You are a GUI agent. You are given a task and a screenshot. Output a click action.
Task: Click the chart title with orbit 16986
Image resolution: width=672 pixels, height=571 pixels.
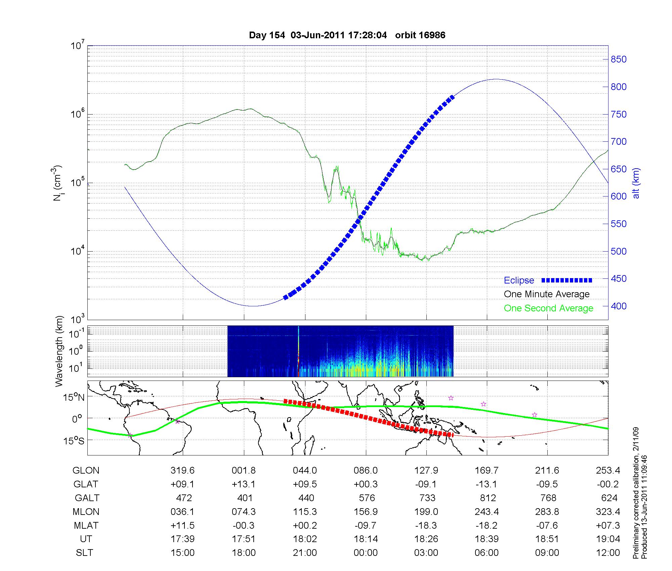(347, 35)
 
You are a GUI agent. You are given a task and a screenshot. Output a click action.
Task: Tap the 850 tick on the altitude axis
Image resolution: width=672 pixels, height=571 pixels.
(618, 59)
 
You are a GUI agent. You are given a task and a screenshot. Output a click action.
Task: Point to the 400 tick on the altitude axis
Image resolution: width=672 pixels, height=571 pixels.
(618, 306)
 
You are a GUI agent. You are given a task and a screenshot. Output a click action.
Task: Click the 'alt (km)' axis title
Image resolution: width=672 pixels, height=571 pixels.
(636, 183)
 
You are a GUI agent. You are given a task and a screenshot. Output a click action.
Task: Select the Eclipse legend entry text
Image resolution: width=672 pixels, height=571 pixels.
(519, 280)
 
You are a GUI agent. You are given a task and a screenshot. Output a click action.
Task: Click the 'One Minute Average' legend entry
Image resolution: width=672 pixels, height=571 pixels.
(547, 294)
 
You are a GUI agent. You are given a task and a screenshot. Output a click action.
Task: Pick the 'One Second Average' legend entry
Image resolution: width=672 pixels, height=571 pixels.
(548, 308)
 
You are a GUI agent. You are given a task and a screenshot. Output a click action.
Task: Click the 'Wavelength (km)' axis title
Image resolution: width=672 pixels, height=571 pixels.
(59, 351)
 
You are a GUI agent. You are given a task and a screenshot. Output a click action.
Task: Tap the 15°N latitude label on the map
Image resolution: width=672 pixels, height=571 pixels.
(74, 398)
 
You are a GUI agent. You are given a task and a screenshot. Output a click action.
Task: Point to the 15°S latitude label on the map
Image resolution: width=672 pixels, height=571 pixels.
(74, 440)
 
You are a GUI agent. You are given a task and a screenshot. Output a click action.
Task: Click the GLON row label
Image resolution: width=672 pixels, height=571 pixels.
(86, 471)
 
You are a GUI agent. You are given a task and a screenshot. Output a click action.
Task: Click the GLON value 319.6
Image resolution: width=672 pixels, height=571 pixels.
(182, 471)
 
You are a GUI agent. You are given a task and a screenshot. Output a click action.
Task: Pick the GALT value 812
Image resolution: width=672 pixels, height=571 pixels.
(488, 498)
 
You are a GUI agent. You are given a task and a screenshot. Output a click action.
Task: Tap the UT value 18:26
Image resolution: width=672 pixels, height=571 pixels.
(426, 539)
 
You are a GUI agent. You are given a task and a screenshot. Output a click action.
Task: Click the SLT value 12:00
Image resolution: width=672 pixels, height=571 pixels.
(608, 553)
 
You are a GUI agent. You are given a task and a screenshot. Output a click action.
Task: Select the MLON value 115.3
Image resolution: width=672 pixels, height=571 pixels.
(305, 512)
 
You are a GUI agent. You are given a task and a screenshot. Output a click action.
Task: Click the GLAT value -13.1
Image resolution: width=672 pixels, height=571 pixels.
(487, 484)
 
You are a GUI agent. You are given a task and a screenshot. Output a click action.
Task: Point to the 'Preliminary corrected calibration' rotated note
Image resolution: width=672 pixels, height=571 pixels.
(636, 493)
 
